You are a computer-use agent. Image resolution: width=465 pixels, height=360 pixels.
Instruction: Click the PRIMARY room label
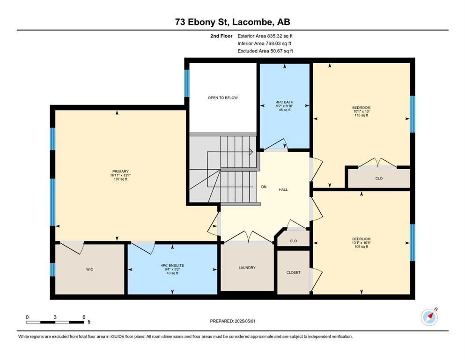120,171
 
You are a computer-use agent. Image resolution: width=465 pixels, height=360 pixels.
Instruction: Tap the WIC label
89,270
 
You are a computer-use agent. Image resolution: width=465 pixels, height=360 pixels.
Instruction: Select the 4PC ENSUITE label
172,265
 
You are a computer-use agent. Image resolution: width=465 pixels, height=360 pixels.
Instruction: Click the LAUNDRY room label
247,268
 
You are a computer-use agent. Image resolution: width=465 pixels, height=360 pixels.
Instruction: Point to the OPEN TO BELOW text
223,97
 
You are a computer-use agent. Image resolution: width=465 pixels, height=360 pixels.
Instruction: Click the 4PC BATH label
285,102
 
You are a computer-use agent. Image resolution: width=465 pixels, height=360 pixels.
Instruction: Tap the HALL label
283,190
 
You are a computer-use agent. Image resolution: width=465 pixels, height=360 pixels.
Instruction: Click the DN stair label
264,187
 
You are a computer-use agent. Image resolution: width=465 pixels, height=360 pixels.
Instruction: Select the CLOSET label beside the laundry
293,272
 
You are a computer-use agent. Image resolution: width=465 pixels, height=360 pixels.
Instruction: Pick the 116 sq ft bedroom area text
362,115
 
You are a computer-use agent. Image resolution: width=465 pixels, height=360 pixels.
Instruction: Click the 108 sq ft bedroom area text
362,247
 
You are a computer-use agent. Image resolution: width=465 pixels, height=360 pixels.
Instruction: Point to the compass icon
429,317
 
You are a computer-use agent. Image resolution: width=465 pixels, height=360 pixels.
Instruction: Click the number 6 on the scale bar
84,317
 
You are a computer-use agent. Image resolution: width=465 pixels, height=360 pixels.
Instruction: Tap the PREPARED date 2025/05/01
244,321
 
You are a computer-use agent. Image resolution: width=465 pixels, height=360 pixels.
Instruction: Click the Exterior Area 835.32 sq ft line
265,36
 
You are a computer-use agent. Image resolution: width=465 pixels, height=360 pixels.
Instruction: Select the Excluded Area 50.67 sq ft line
265,51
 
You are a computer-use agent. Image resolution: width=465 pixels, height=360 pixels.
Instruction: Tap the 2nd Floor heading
221,36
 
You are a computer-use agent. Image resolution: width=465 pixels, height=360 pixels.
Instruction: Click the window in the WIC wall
52,270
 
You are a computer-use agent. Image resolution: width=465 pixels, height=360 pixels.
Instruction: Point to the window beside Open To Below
187,83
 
